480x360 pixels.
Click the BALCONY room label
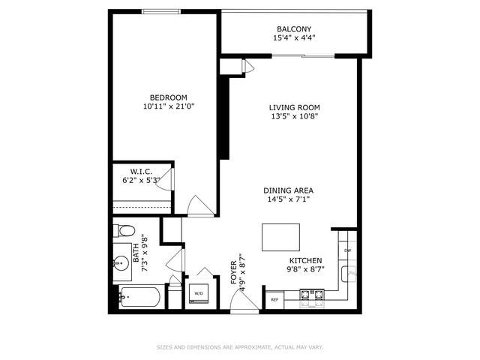click(x=294, y=29)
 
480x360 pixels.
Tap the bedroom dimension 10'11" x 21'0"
click(x=169, y=106)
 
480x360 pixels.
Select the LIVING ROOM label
click(x=294, y=107)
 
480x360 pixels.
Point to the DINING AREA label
click(x=288, y=190)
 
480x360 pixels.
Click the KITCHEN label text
click(x=305, y=260)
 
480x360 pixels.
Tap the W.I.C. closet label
click(x=141, y=172)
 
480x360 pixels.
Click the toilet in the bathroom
click(x=124, y=230)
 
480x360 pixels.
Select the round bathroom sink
click(x=121, y=263)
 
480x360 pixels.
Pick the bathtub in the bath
click(x=139, y=297)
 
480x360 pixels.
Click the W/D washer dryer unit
click(x=199, y=293)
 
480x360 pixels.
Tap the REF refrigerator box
click(x=274, y=300)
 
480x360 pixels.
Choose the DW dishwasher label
click(x=347, y=250)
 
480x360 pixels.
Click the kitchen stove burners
click(x=312, y=298)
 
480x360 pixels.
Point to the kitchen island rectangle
click(x=280, y=237)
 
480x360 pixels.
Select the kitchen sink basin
click(x=349, y=274)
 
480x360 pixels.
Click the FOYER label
click(x=234, y=272)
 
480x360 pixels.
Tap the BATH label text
click(x=136, y=253)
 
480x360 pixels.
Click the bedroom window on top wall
click(x=161, y=12)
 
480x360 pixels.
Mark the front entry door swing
click(x=244, y=300)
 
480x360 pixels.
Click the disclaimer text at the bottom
click(x=240, y=347)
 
